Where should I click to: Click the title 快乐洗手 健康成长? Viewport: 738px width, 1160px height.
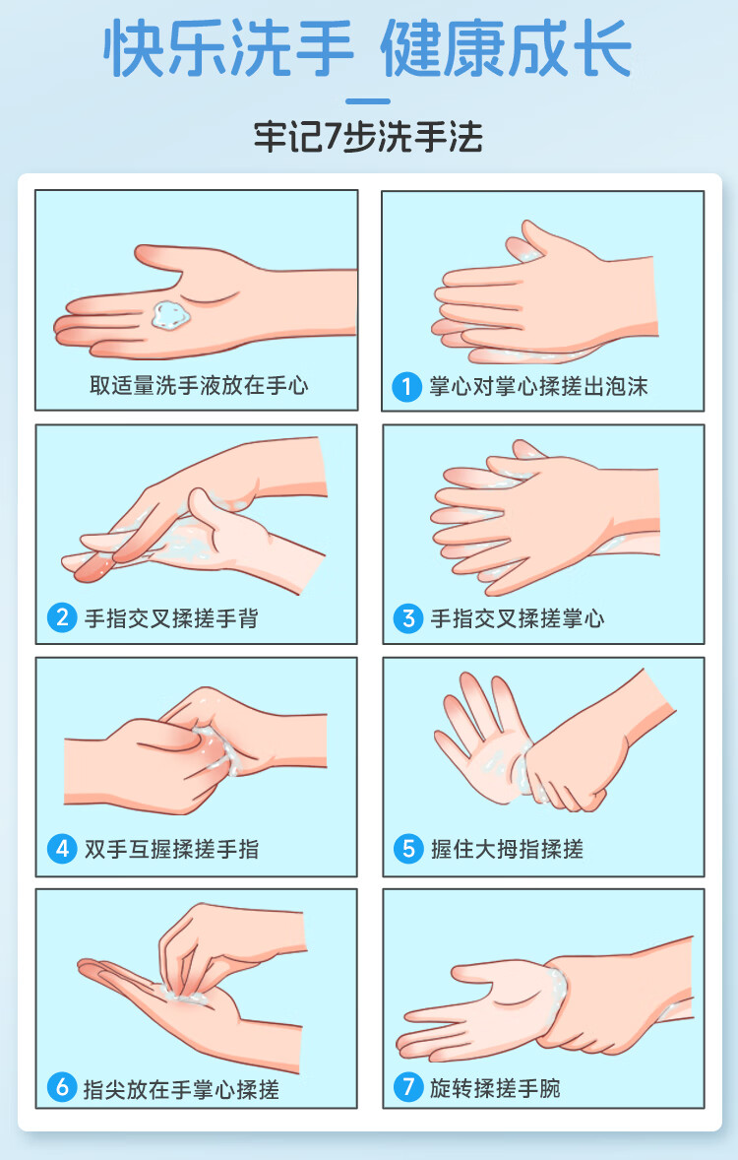pos(367,49)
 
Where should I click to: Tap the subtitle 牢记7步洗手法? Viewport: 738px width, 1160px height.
pos(368,137)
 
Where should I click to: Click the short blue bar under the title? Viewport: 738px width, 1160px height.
pos(367,101)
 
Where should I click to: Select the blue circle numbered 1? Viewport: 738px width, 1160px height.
pos(406,387)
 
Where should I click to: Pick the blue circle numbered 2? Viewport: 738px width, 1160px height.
pos(62,617)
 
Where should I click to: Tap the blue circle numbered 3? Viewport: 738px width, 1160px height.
pos(408,618)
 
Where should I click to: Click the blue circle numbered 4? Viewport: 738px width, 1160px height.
pos(62,849)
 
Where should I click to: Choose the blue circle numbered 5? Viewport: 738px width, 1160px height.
pos(408,849)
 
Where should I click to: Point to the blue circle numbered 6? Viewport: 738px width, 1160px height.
pos(62,1087)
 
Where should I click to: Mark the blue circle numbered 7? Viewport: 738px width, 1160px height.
pos(408,1087)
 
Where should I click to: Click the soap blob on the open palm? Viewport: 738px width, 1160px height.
pos(170,316)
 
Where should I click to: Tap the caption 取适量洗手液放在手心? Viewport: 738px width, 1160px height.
pos(199,385)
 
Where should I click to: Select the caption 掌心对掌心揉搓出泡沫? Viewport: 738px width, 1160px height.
pos(538,387)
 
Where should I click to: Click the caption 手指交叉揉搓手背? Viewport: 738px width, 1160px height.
pos(171,618)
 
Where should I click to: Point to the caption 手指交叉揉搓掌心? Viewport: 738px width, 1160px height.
pos(518,618)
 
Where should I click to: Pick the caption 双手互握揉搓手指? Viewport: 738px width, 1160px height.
pos(171,849)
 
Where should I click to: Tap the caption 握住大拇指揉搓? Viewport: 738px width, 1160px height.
pos(508,849)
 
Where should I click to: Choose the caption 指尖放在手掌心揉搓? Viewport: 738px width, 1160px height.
pos(181,1089)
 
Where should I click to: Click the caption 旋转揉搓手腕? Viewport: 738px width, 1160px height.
pos(496,1088)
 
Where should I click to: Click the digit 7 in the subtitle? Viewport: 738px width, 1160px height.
pos(335,138)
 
